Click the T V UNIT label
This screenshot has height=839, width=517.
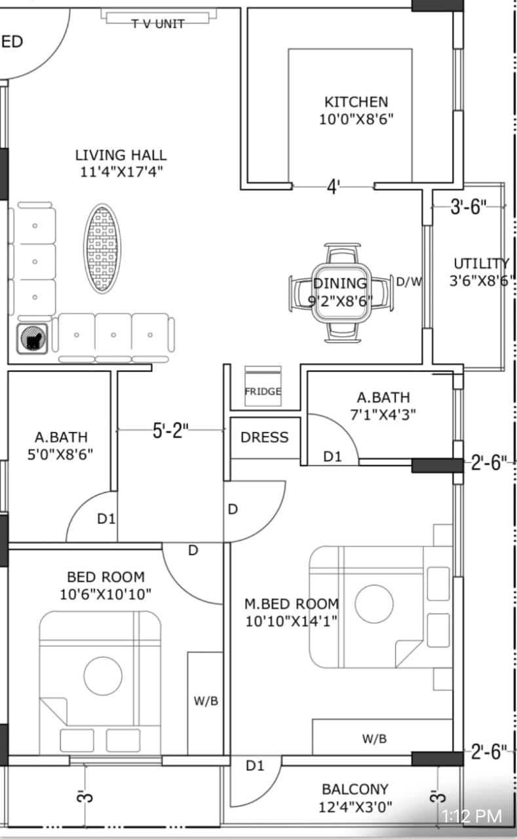click(158, 24)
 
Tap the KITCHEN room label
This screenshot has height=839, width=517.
click(356, 102)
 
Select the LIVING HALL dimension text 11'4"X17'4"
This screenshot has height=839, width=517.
click(121, 172)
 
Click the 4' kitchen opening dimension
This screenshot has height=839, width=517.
click(333, 187)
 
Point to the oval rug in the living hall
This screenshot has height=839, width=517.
click(102, 248)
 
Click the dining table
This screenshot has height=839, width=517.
click(341, 293)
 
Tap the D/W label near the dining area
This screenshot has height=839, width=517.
click(409, 281)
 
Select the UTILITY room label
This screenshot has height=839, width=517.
click(482, 263)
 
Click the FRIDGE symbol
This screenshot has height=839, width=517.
click(263, 386)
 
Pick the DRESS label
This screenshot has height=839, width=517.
click(265, 437)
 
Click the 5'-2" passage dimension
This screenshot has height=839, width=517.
click(170, 431)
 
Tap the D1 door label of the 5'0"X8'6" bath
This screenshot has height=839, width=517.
click(106, 518)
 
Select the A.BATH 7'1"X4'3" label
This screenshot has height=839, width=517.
click(383, 406)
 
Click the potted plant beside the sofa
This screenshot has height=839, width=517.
click(32, 339)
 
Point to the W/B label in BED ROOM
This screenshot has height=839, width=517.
click(206, 701)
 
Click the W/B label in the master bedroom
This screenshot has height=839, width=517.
click(374, 739)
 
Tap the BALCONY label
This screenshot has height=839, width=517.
click(355, 789)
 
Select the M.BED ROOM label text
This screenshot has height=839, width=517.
click(292, 604)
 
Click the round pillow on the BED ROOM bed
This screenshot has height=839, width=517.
click(103, 676)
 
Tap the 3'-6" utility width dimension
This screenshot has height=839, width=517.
click(469, 206)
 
